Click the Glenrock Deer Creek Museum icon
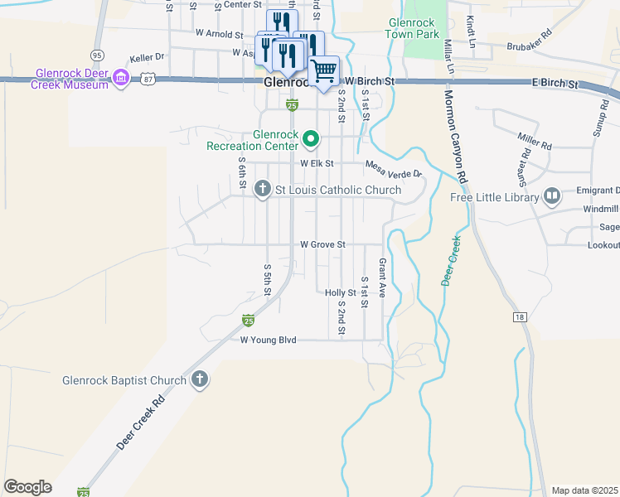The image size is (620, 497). pos(121,78)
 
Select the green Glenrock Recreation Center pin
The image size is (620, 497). pos(311,138)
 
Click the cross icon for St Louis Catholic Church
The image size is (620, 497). pos(263,190)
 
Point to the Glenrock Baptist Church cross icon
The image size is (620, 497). pos(199,380)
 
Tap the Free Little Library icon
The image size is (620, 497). pos(552,196)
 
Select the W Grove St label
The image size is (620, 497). pos(322,245)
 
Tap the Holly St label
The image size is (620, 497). pos(340,292)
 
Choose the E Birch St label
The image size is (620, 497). pos(555,84)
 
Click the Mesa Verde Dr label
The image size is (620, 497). pos(394,168)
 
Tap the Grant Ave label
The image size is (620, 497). pos(383,277)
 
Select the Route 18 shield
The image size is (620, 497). pos(519,317)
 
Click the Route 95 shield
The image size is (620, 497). pos(98,55)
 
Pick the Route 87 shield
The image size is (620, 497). pos(148,78)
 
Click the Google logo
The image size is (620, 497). pos(27,487)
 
